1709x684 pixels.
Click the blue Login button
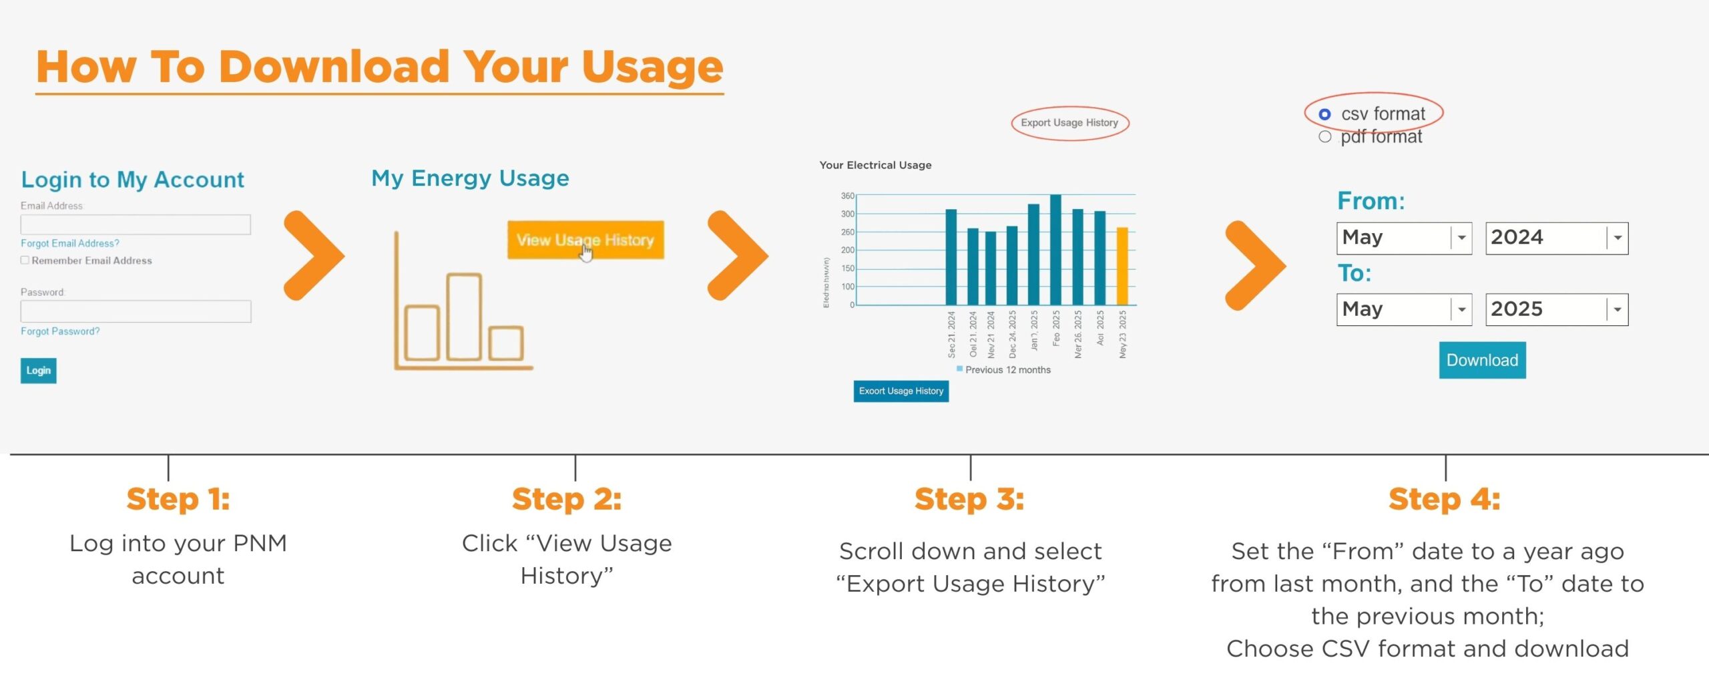click(x=38, y=370)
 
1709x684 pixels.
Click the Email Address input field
click(x=136, y=224)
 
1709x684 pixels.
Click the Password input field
click(x=136, y=311)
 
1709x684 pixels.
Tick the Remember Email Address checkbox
click(x=25, y=261)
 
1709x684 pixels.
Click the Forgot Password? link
click(x=60, y=331)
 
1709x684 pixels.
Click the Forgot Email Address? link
click(x=70, y=243)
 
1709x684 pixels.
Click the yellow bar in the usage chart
click(x=1122, y=267)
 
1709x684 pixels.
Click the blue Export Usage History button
click(x=901, y=391)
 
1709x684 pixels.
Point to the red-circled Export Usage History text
click(x=1069, y=123)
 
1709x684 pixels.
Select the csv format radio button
click(x=1324, y=115)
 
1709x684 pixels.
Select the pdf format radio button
click(x=1324, y=137)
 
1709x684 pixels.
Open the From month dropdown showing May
click(x=1403, y=238)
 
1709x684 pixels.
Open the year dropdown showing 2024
click(x=1556, y=238)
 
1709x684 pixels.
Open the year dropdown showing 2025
click(x=1556, y=309)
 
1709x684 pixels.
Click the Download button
click(x=1481, y=360)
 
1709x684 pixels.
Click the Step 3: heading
click(x=969, y=499)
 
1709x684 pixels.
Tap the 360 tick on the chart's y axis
click(x=847, y=196)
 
